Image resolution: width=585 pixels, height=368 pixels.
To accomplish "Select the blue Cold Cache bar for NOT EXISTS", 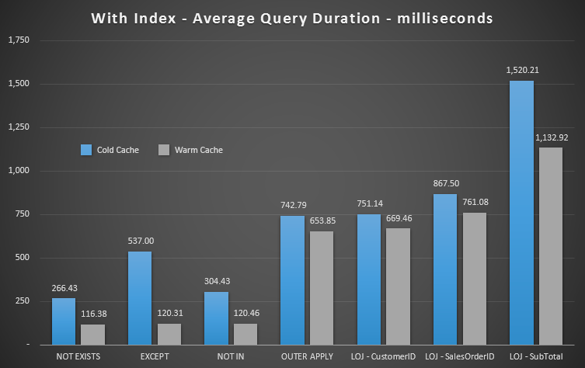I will tap(64, 321).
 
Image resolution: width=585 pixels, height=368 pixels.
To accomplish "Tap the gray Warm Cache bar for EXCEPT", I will tap(169, 334).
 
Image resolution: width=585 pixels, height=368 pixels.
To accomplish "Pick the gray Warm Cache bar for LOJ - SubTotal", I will tap(550, 245).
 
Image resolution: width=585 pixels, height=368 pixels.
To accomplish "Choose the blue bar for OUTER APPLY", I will tap(292, 279).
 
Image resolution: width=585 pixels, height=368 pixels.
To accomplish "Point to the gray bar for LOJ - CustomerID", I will tap(398, 286).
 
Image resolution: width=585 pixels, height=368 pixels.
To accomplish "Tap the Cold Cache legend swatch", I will tap(86, 150).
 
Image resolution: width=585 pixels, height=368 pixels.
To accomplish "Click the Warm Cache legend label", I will tap(199, 150).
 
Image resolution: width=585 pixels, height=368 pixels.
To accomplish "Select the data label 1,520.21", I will tap(521, 70).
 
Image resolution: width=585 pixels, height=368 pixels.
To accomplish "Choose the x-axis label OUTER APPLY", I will tap(306, 356).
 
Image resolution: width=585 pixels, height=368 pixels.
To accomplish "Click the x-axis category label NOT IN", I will tap(230, 356).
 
